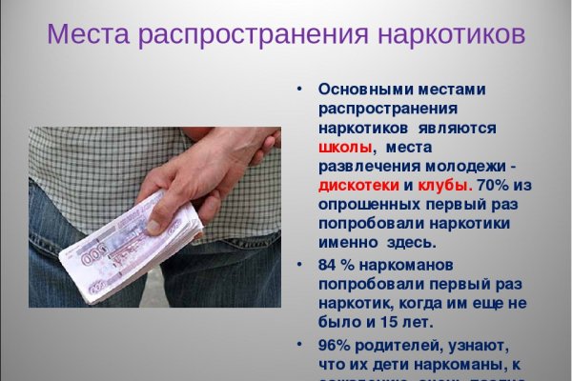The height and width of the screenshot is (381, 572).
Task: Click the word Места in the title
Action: tap(89, 35)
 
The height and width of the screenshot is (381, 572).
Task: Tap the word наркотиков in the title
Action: tap(445, 35)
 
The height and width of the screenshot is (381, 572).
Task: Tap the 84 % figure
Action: tap(336, 264)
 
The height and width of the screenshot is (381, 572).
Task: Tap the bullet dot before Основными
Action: tap(298, 88)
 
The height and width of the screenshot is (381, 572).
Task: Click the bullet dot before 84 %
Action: tap(298, 263)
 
